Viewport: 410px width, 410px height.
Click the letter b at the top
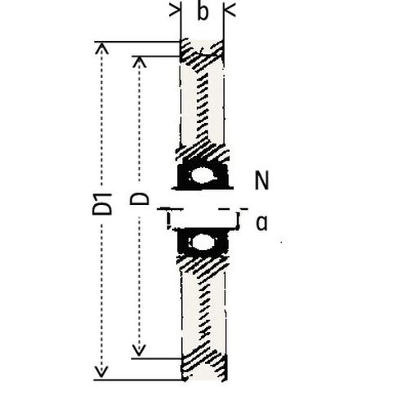(x=202, y=13)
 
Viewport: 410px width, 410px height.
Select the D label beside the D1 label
(x=141, y=199)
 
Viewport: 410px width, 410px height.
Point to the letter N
(x=262, y=181)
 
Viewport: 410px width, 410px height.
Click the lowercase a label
(x=262, y=222)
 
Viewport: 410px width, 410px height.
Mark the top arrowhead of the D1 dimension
(x=102, y=48)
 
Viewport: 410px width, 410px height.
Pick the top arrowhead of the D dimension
(x=140, y=62)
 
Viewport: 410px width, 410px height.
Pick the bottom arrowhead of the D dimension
(x=140, y=352)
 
